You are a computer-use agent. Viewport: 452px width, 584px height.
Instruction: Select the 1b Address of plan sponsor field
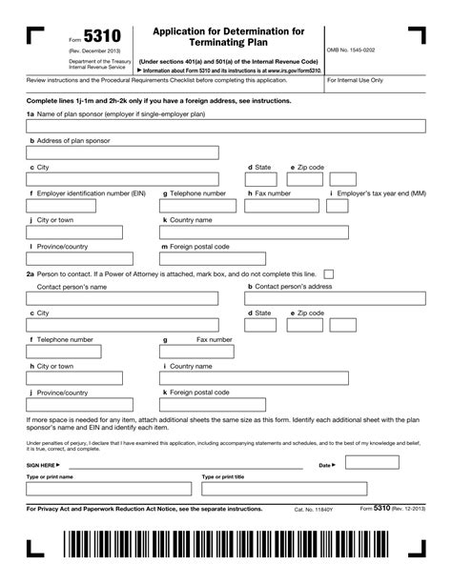point(122,152)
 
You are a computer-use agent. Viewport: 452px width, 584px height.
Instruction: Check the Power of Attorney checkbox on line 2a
point(329,272)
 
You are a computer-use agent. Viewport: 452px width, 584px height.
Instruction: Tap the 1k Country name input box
point(225,232)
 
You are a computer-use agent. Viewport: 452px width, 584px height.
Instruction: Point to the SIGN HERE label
point(41,466)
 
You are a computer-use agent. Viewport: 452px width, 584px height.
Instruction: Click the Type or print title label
point(222,476)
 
